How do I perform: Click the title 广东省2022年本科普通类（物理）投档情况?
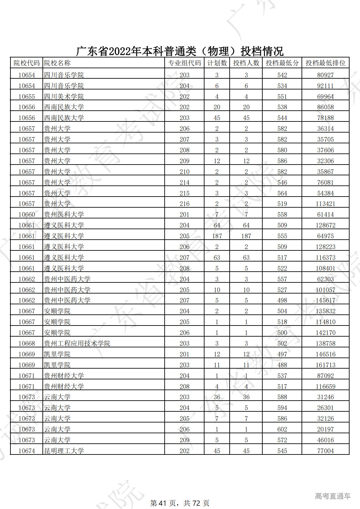point(180,51)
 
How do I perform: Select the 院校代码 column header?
point(26,63)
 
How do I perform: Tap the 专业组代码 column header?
point(185,63)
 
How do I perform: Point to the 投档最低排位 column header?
point(325,63)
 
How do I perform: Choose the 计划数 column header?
point(217,63)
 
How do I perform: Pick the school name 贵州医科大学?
point(64,215)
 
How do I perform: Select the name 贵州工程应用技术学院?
point(77,343)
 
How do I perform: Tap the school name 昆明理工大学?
point(64,451)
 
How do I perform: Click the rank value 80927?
point(325,75)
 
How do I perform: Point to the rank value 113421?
point(325,204)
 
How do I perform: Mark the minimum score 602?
point(282,429)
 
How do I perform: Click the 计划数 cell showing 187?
point(217,236)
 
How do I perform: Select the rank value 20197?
point(325,429)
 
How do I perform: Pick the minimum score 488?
point(282,365)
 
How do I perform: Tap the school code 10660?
point(26,215)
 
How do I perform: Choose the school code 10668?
point(26,343)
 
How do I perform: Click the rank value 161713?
point(325,365)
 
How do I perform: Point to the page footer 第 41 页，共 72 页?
point(180,503)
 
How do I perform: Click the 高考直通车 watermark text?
point(333,496)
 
